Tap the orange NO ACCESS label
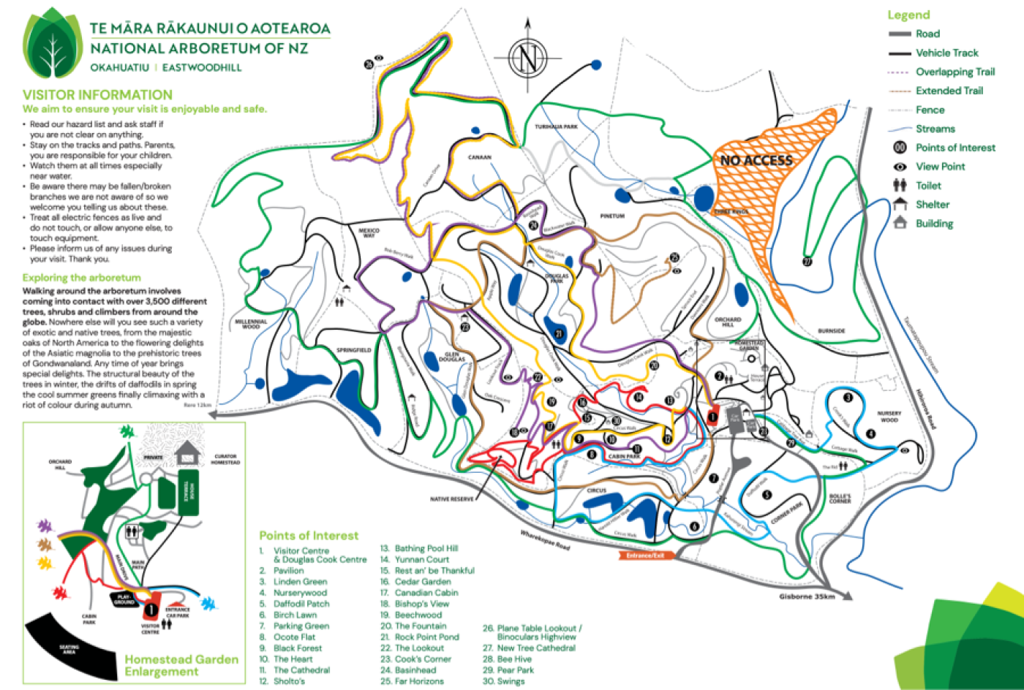tap(756, 160)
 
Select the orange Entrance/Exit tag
tap(645, 556)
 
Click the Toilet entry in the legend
tap(928, 186)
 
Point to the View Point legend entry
tap(940, 167)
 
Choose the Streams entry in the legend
tap(935, 129)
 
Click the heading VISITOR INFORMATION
tap(97, 95)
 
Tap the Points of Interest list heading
tap(309, 536)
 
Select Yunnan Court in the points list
tap(422, 559)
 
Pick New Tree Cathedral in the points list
tap(536, 648)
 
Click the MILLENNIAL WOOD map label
tap(251, 324)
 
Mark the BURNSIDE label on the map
tap(831, 331)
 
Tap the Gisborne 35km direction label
tap(807, 596)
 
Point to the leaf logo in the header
tap(52, 45)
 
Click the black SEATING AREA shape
tap(69, 647)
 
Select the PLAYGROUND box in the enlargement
tap(124, 599)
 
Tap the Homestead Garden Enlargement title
tap(181, 665)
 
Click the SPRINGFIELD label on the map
tap(354, 350)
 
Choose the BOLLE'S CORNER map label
tap(840, 498)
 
